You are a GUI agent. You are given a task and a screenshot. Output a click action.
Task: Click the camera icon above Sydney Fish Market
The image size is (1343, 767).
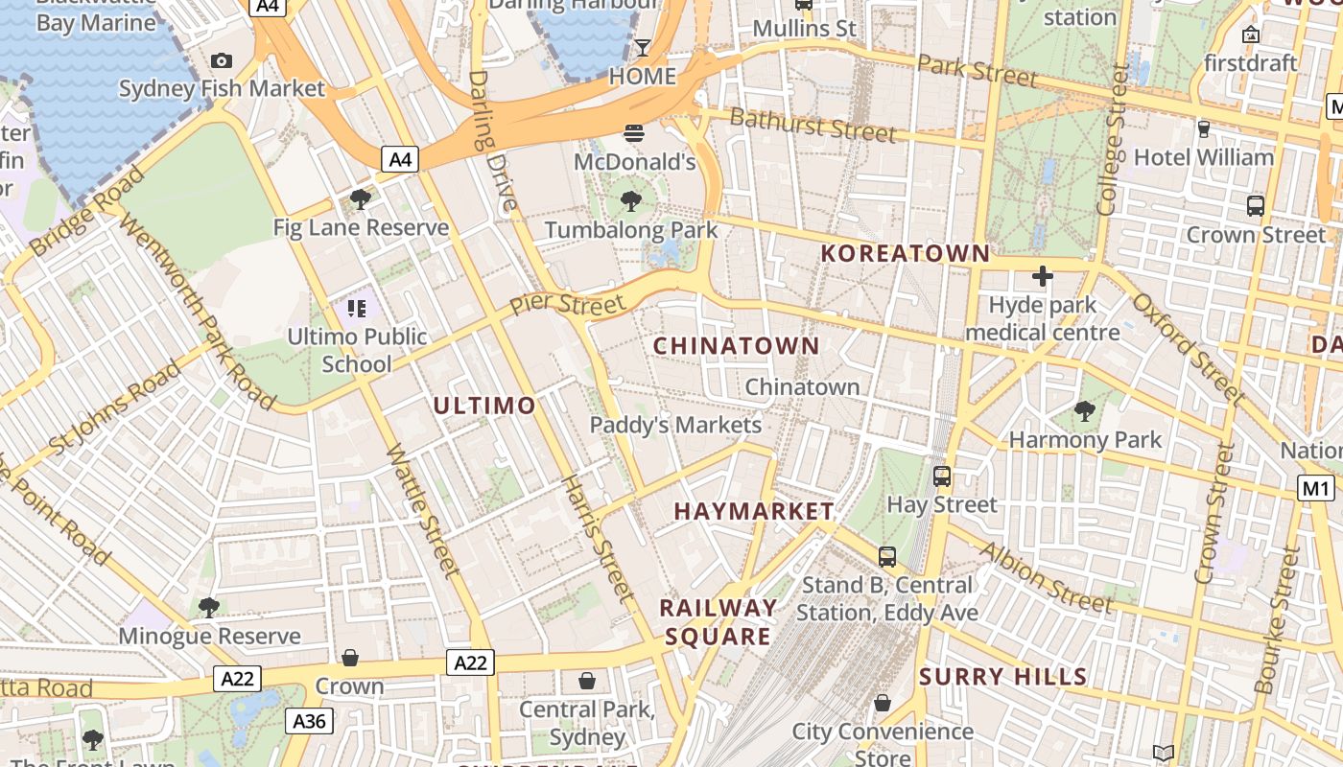click(222, 61)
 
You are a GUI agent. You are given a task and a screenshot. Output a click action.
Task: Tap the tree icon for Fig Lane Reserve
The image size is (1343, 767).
click(361, 199)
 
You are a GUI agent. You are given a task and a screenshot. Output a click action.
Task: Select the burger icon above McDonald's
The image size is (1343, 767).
click(634, 133)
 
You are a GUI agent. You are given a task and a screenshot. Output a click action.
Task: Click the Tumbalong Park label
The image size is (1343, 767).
click(631, 230)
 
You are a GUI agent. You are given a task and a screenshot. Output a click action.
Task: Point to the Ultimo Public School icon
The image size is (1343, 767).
click(357, 309)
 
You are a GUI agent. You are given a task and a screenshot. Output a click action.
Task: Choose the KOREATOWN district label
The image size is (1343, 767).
click(906, 253)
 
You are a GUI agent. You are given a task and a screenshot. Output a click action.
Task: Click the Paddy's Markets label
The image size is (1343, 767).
click(675, 425)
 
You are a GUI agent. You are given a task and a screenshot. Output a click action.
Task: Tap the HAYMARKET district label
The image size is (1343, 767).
click(754, 511)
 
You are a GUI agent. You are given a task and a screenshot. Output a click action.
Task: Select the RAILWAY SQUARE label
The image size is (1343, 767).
click(718, 622)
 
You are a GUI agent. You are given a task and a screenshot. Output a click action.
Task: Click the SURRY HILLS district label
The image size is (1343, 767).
click(1003, 677)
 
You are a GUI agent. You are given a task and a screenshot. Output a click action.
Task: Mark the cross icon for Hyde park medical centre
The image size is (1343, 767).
click(1043, 277)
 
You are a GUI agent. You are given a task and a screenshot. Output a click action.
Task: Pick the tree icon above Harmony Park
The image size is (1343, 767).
click(1085, 411)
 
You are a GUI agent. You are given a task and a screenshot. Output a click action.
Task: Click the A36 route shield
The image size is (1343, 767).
click(309, 721)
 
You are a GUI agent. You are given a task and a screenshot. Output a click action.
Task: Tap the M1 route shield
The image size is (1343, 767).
click(1316, 488)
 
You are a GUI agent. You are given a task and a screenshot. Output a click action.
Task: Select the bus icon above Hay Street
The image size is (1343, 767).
click(942, 476)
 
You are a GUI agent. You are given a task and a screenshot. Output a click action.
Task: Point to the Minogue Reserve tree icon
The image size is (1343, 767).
click(208, 607)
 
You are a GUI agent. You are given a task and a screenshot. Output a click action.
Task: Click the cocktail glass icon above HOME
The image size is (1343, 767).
click(643, 48)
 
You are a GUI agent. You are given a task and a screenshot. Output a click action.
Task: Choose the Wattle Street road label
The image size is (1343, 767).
click(423, 510)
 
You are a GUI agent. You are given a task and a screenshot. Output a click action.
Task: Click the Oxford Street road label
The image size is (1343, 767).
click(1189, 347)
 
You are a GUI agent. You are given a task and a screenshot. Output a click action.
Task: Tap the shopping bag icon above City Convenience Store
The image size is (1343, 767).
click(883, 704)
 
